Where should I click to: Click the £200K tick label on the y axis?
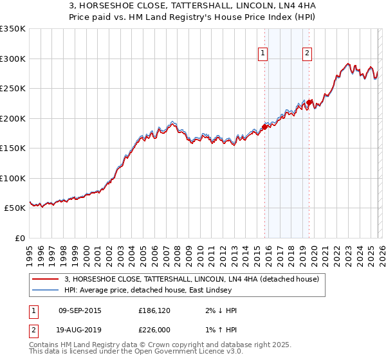13,118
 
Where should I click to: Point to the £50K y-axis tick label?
15,208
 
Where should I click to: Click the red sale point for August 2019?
309,102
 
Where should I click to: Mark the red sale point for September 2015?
264,127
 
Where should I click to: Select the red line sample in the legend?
45,279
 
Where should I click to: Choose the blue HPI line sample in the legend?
45,290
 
